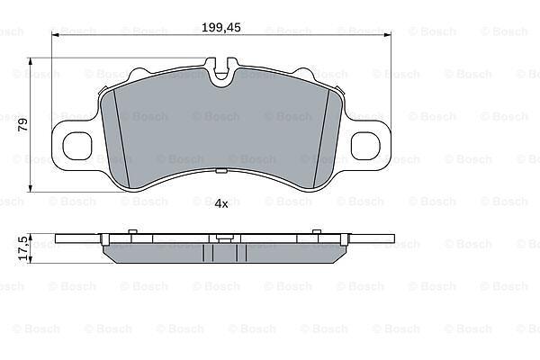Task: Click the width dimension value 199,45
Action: pos(220,28)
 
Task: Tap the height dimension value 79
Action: pos(23,125)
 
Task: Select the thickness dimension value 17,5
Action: pos(23,248)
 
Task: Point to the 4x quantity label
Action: pos(221,204)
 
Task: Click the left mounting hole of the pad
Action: pos(77,146)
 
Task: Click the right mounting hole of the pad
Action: pos(365,146)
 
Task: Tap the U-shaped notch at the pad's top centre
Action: pos(221,73)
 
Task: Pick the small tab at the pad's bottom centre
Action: pos(220,170)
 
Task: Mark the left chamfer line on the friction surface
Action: pos(121,139)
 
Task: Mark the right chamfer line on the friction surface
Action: pos(321,139)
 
